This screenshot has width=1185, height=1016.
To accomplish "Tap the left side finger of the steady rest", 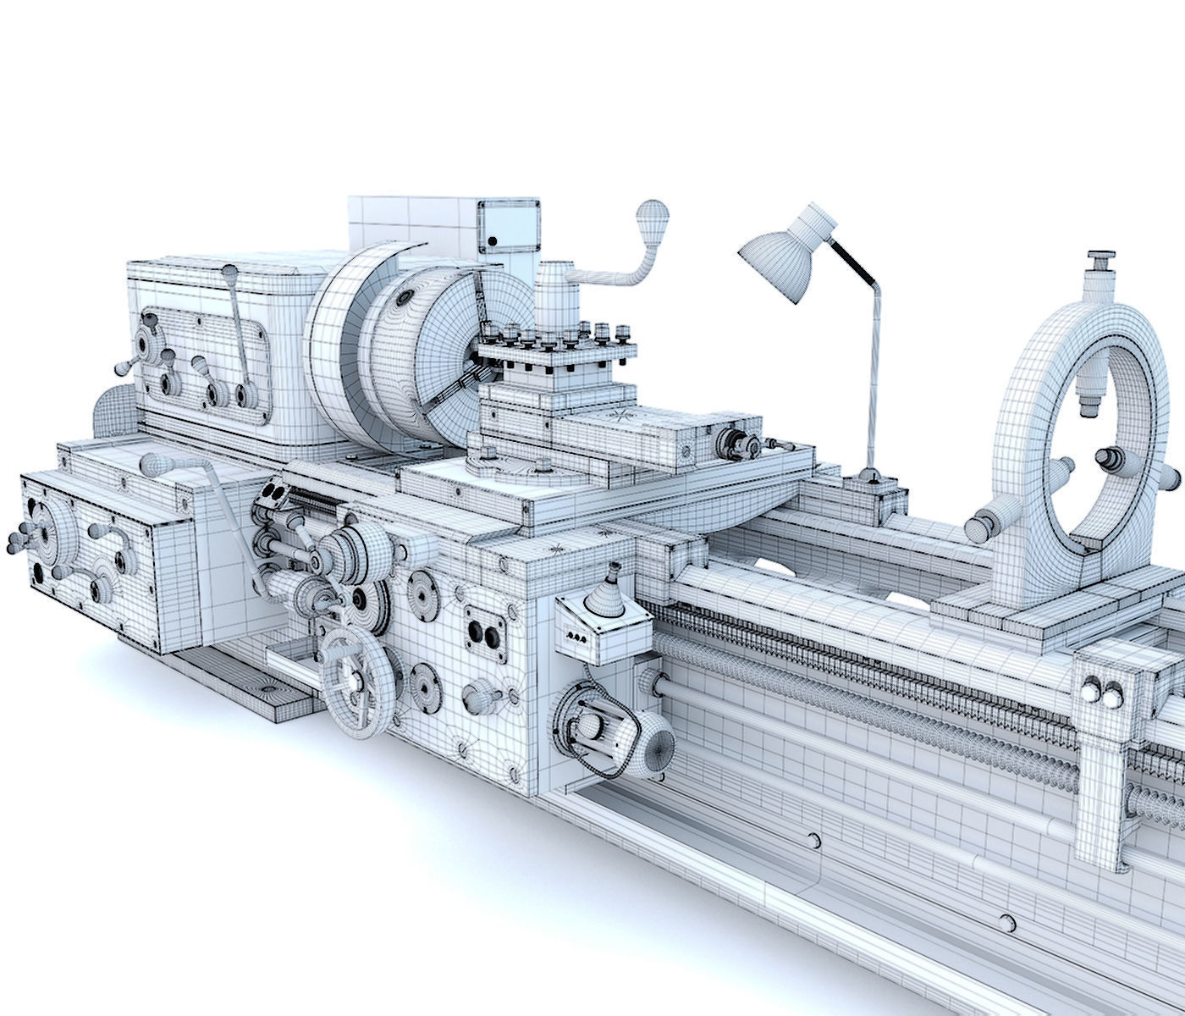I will click(986, 526).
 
